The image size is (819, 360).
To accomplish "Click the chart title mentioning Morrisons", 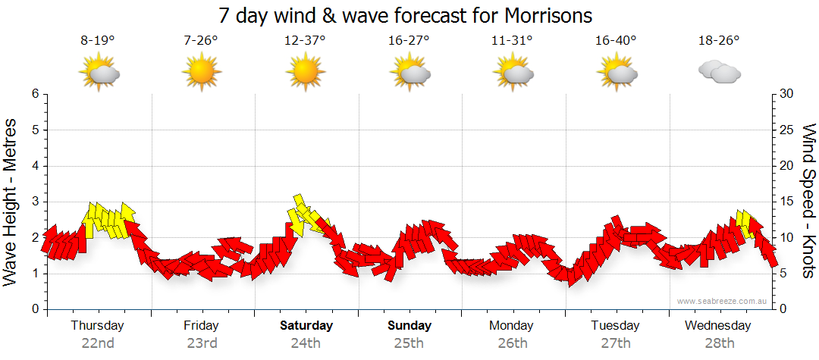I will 405,15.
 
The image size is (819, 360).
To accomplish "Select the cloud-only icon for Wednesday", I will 719,72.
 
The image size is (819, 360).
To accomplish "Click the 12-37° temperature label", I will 305,41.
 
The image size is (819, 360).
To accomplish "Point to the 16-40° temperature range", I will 616,41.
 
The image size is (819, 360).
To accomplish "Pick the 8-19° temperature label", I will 98,41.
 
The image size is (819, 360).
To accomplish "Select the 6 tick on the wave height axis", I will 35,94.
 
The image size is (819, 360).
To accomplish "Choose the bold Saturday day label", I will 306,326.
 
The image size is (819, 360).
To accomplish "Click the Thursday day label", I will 98,326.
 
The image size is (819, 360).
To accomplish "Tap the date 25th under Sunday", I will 409,343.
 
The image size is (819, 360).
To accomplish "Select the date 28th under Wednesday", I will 719,343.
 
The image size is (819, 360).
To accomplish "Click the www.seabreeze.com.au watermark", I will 723,301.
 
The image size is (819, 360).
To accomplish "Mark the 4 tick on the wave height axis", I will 35,166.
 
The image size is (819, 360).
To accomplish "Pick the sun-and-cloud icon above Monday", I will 512,72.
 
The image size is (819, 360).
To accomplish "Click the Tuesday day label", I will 615,326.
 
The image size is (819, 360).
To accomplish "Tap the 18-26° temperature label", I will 719,41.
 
